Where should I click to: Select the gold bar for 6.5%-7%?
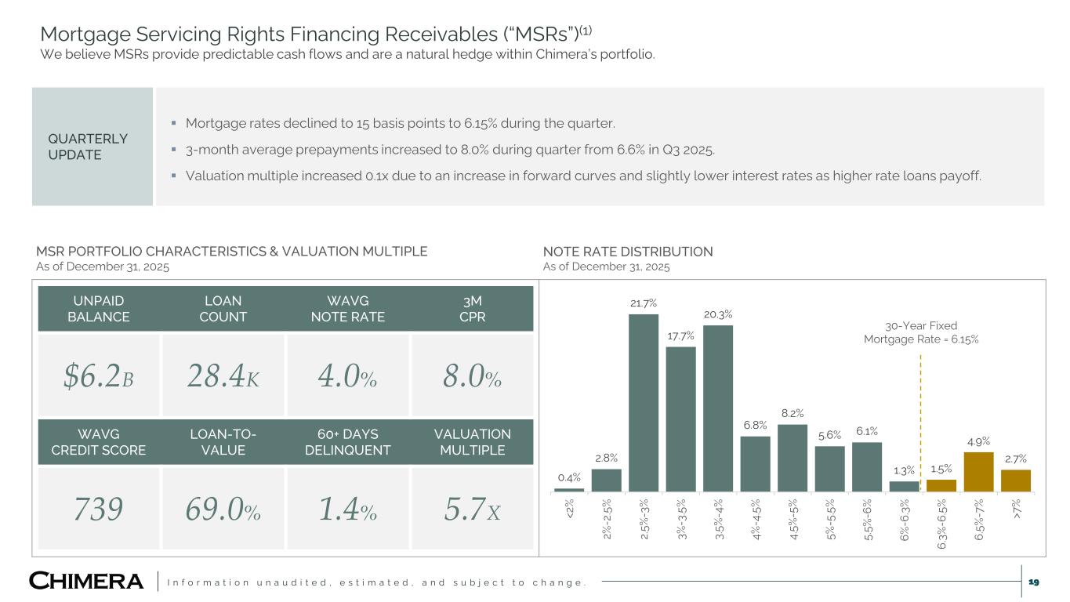tap(978, 471)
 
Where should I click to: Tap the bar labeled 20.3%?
tap(717, 408)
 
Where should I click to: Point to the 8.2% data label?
tap(792, 413)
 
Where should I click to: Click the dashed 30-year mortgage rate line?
tap(920, 423)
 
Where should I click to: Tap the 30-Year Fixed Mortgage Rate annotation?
tap(921, 332)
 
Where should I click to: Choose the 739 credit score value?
tap(99, 510)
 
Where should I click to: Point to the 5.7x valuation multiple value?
tap(472, 510)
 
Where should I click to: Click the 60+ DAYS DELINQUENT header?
tap(347, 442)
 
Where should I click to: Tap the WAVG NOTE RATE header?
tap(347, 309)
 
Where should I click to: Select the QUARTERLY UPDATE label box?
tap(92, 147)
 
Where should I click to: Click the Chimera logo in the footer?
tap(86, 581)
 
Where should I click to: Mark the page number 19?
tap(1033, 581)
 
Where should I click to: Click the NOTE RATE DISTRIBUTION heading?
tap(628, 252)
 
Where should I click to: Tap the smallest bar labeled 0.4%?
tap(568, 490)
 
